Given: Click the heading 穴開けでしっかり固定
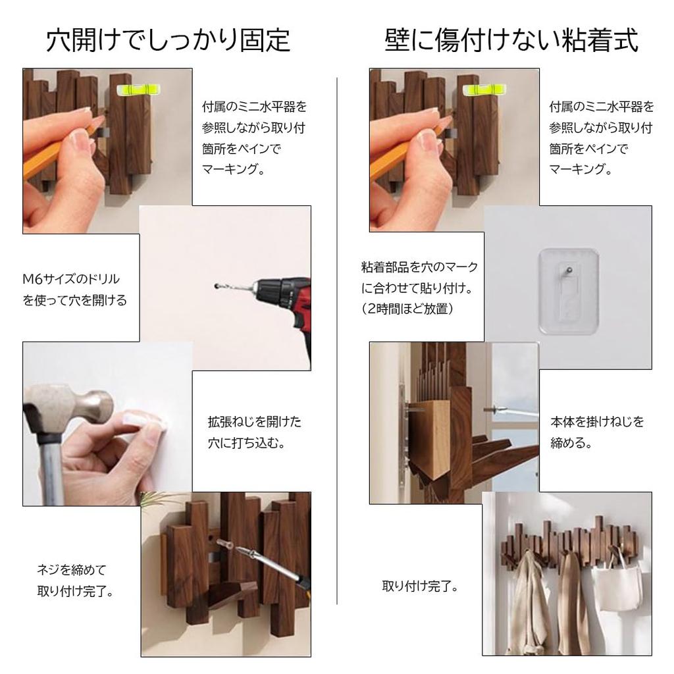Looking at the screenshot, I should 168,40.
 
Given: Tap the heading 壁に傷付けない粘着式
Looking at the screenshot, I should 511,40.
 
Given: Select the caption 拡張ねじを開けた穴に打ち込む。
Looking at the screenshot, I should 254,432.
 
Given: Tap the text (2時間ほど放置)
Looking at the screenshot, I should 408,309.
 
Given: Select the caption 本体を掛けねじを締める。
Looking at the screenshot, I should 597,432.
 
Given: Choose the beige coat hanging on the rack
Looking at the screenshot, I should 530,606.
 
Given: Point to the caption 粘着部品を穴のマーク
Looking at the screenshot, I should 419,267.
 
